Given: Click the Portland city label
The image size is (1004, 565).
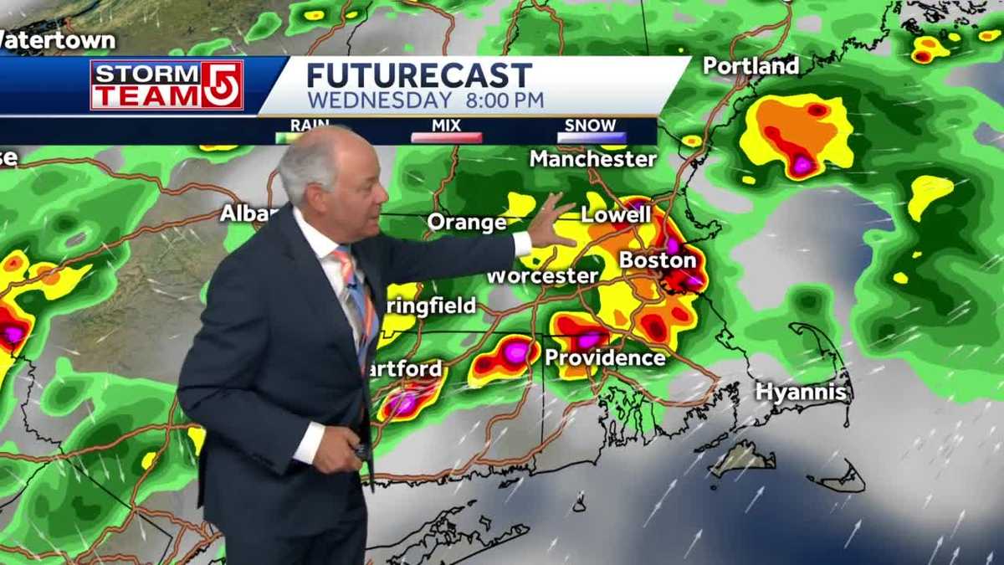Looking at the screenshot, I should (750, 66).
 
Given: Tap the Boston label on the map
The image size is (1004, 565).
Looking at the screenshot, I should (658, 260).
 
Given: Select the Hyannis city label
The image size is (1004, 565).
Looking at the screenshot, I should (802, 391).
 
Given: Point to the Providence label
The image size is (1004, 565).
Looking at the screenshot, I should (605, 358).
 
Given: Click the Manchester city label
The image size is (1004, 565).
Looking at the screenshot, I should (592, 158).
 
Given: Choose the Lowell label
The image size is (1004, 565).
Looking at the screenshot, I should (616, 214).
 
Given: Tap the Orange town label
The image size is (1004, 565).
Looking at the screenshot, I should (467, 223).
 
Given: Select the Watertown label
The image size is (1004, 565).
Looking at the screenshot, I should (57, 39).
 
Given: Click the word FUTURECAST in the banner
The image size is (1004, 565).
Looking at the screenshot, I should (419, 75).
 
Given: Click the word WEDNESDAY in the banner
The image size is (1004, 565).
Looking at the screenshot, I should (378, 100).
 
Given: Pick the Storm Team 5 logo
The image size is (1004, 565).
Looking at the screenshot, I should (166, 85).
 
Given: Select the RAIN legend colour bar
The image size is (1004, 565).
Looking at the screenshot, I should (310, 136).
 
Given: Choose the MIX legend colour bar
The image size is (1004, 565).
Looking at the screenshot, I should (447, 137).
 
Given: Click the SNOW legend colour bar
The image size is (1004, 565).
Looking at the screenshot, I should (591, 137).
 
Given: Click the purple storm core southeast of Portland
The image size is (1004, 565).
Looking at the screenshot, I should (803, 165).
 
